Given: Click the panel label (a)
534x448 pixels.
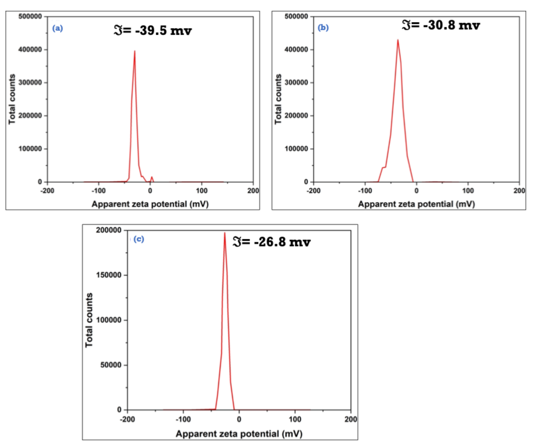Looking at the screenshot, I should click(x=57, y=28).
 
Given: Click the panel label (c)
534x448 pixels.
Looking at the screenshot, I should click(x=139, y=239).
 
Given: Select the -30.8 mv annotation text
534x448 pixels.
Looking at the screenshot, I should click(x=441, y=25).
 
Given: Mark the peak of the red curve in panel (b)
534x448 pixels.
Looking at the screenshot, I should click(x=398, y=40).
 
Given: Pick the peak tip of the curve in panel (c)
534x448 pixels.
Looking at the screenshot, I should click(x=224, y=233).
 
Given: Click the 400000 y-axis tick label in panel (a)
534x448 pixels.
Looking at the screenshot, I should click(x=30, y=50).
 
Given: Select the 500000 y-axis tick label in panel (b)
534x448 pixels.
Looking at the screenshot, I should click(x=296, y=16).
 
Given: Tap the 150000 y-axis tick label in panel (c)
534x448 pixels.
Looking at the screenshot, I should click(x=109, y=275).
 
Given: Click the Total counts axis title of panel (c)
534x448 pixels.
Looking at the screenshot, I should click(x=89, y=320).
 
